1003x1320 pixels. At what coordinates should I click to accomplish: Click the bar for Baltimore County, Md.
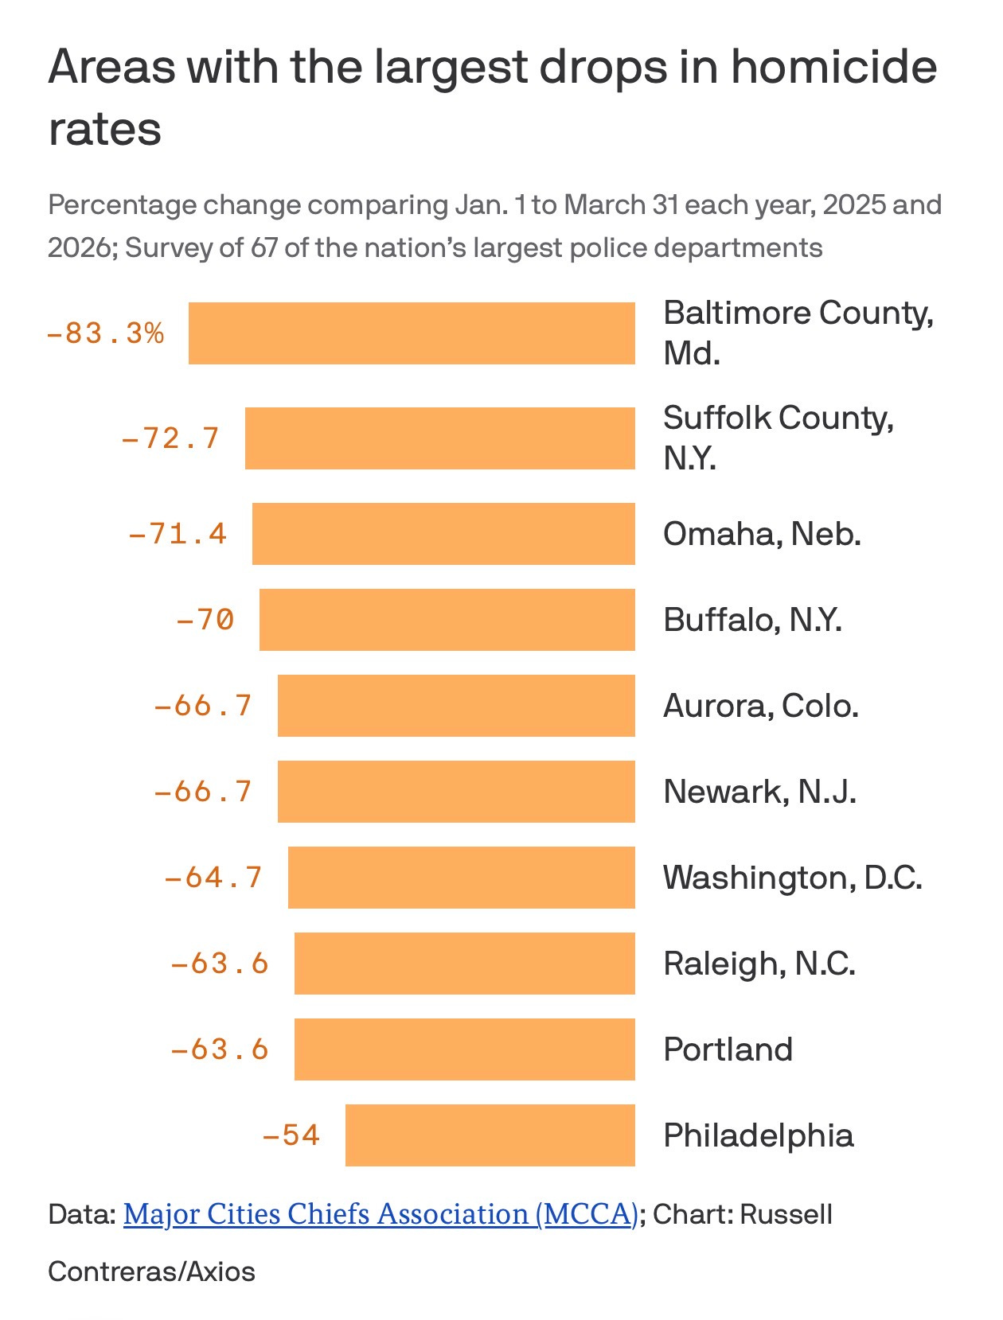(x=412, y=333)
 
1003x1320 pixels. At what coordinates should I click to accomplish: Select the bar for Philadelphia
(x=490, y=1135)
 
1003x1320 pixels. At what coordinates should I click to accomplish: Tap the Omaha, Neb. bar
(x=443, y=533)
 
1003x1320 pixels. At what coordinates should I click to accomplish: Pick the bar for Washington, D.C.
(x=462, y=877)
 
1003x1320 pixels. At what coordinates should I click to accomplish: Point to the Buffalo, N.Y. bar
(x=447, y=619)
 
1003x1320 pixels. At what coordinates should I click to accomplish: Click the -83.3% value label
(x=105, y=333)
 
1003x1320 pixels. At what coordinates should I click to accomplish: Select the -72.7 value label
(x=170, y=438)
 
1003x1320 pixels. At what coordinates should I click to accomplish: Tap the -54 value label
(x=291, y=1135)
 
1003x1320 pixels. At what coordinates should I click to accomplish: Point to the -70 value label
(x=205, y=619)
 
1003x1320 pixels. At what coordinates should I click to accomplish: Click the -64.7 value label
(x=213, y=877)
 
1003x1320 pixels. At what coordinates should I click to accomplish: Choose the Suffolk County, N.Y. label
(x=778, y=437)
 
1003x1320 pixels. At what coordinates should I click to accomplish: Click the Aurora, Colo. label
(x=760, y=706)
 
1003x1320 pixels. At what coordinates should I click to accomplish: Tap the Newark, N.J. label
(x=759, y=792)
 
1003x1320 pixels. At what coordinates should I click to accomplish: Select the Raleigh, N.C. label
(x=759, y=964)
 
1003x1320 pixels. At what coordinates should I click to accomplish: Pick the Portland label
(x=728, y=1049)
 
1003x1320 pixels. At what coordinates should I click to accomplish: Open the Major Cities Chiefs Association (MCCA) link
(x=381, y=1213)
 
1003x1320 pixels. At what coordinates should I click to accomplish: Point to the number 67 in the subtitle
(x=264, y=247)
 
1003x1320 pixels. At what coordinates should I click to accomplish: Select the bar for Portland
(x=465, y=1049)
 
